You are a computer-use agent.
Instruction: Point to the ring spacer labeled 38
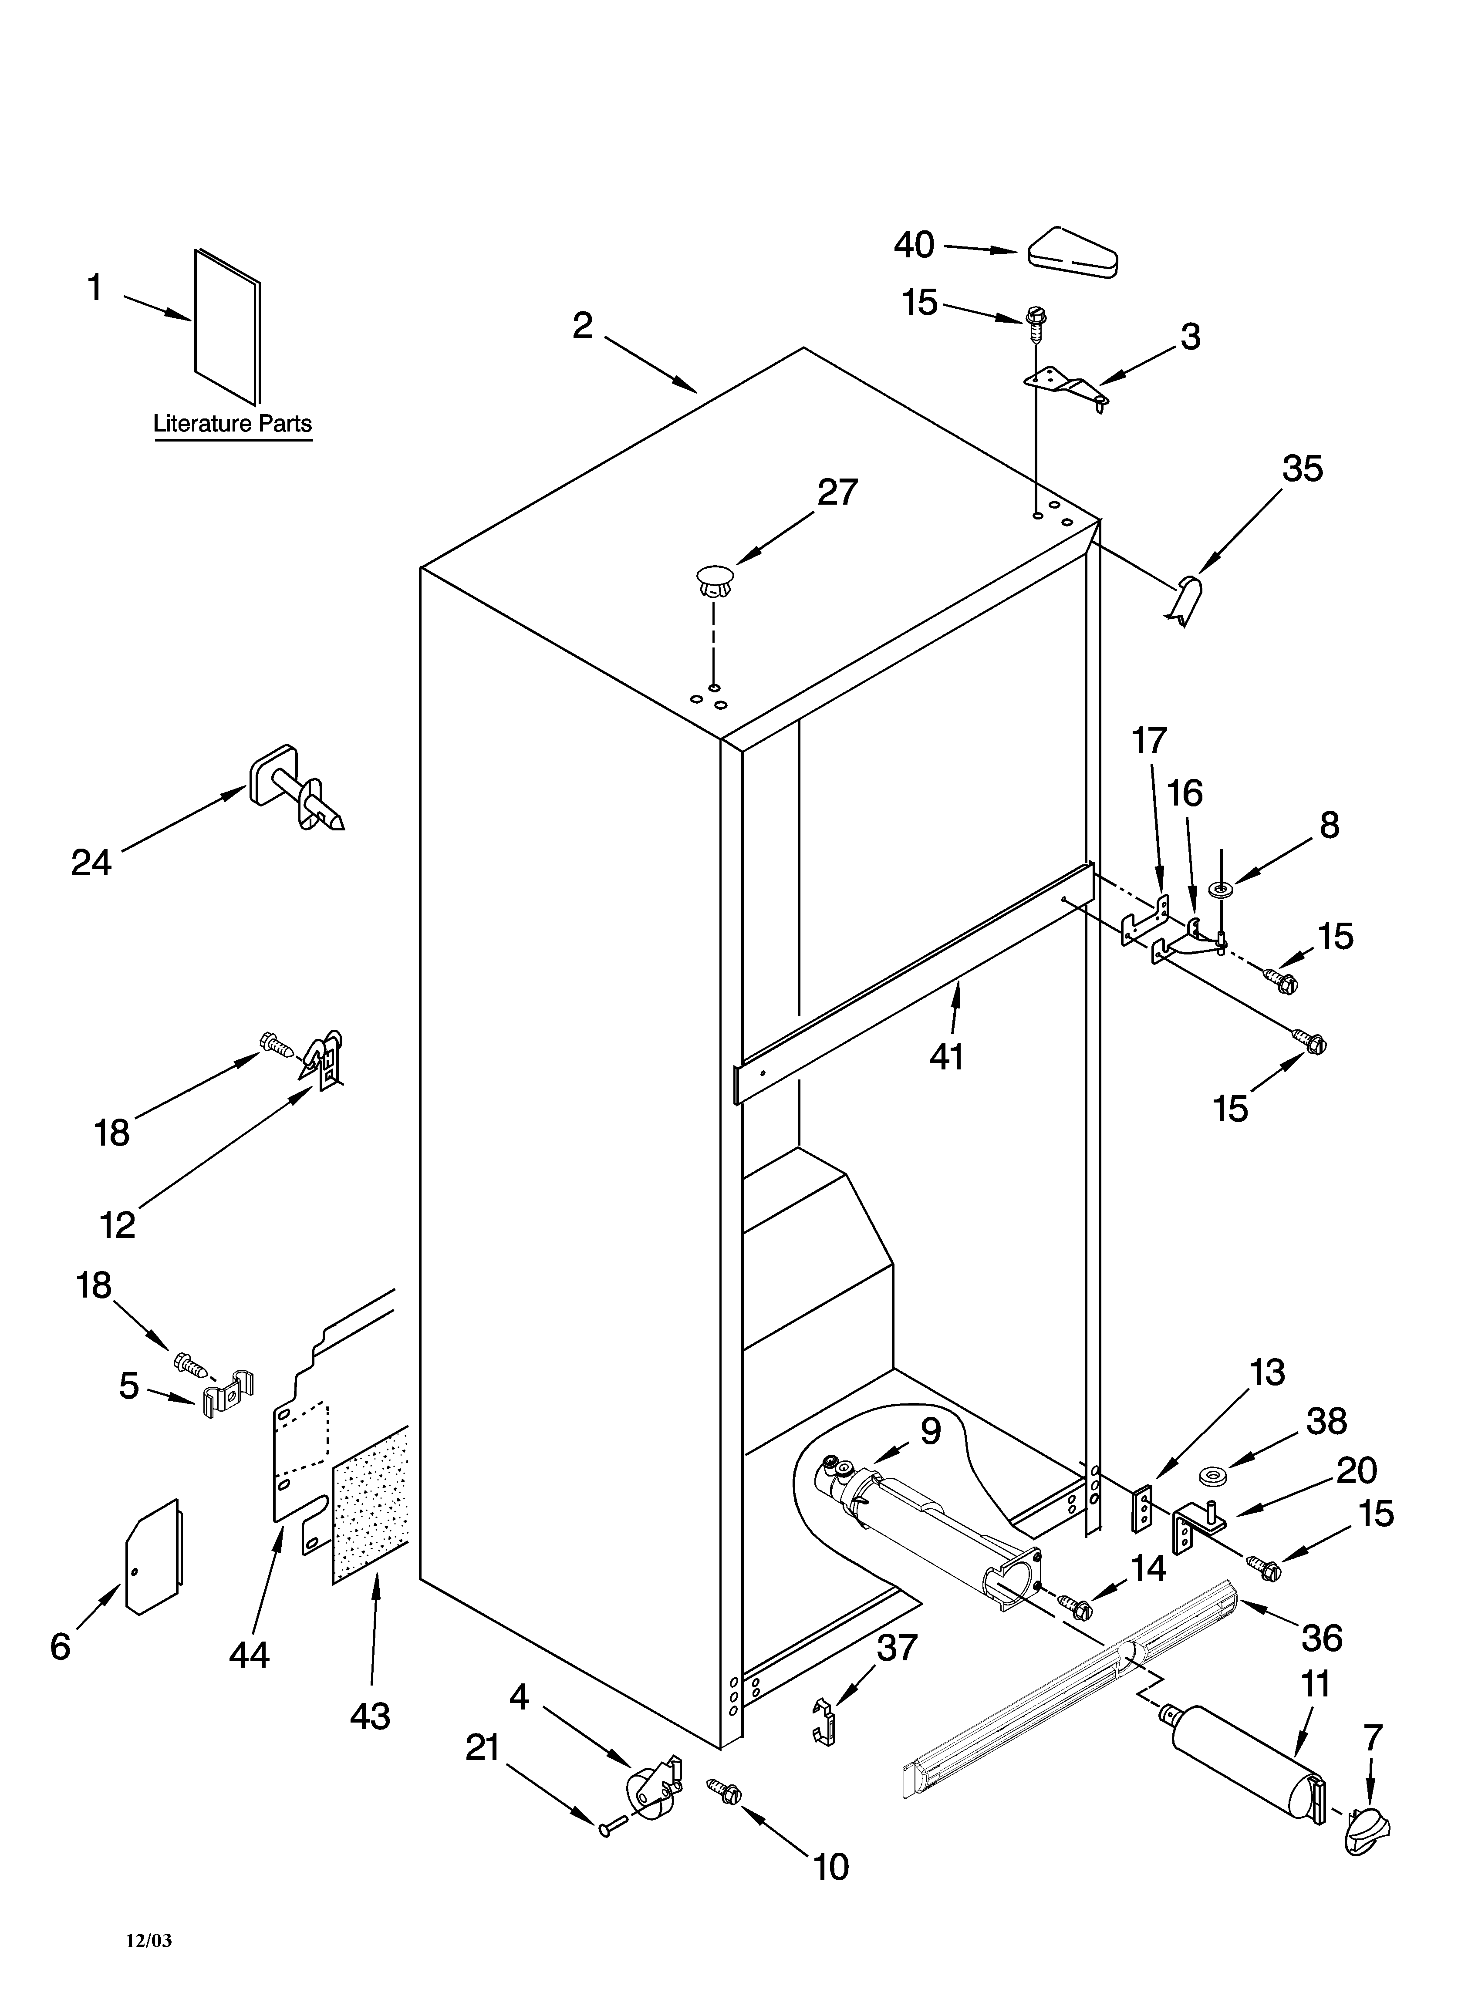(x=1209, y=1476)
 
